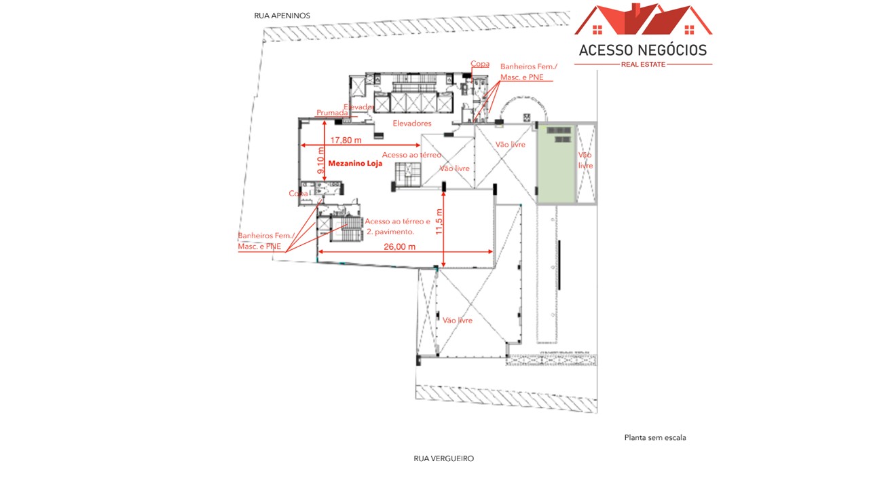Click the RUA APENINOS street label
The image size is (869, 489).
tap(282, 15)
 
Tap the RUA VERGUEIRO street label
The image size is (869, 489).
tap(443, 458)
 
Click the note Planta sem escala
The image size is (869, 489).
tap(654, 437)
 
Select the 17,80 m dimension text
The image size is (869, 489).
tap(346, 140)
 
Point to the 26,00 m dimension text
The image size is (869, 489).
tap(400, 247)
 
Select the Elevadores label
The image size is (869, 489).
tap(412, 124)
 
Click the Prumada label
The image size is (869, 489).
tap(332, 113)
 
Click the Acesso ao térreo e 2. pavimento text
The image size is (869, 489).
tap(398, 226)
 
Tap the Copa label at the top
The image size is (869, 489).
tap(480, 64)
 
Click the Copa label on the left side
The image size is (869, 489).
tap(298, 194)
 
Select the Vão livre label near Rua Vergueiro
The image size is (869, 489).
tap(457, 320)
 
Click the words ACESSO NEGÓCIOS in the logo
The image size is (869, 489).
tap(642, 50)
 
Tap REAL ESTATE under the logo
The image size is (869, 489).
tap(643, 65)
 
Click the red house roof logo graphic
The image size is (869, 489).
tap(643, 20)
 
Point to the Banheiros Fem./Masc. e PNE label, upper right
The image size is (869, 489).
tap(528, 71)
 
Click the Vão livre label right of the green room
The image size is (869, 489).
tap(585, 160)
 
